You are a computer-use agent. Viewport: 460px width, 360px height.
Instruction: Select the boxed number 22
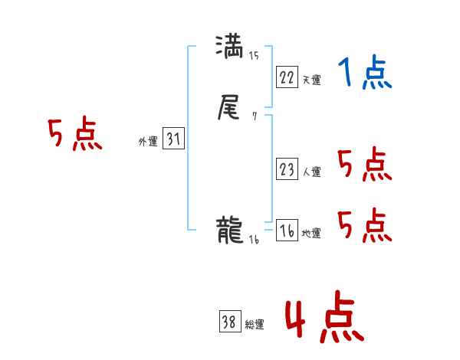coord(287,77)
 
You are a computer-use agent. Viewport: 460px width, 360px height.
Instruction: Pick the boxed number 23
coord(287,169)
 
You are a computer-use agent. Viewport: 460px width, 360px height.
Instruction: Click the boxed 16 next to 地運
coord(287,231)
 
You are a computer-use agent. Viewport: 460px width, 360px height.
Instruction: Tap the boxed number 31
coord(172,139)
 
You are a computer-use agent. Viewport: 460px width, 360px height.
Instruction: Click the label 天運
coord(311,80)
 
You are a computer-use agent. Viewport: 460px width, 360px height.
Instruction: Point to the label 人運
coord(311,172)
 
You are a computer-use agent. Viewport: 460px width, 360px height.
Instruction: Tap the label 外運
coord(148,142)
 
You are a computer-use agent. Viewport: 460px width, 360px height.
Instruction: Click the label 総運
coord(255,325)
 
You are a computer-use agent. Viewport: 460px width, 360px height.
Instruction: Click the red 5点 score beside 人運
coord(364,165)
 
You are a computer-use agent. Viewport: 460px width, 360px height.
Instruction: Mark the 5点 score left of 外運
coord(74,136)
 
